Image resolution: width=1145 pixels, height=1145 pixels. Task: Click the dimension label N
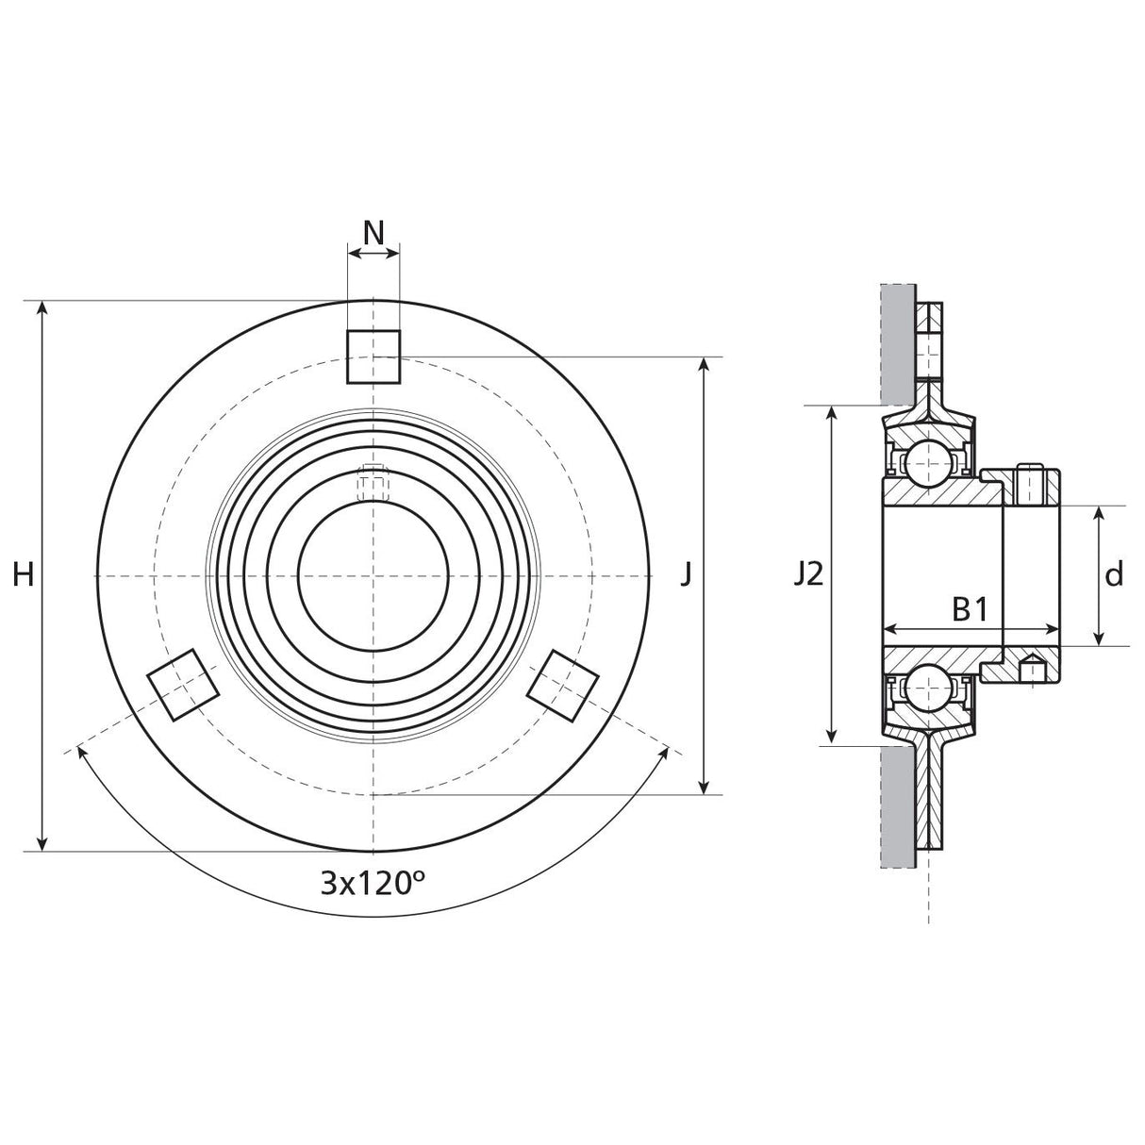pos(373,232)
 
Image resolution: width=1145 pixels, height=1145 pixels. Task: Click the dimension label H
pos(24,573)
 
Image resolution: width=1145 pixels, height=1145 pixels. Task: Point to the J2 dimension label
pos(807,573)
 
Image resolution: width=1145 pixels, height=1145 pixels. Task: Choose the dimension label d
pos(1114,574)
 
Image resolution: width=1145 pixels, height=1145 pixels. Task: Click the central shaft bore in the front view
pos(373,574)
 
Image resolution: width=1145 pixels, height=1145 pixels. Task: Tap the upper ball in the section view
pos(928,461)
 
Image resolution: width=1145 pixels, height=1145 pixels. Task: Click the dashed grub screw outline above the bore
pos(373,483)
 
